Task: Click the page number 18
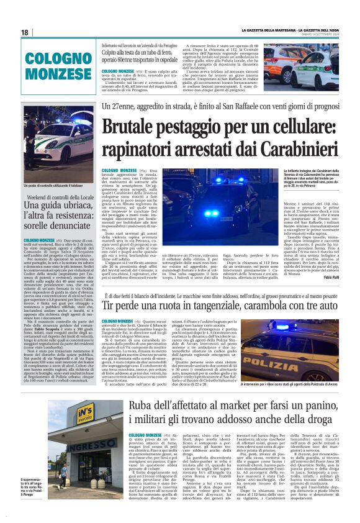click(x=25, y=32)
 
